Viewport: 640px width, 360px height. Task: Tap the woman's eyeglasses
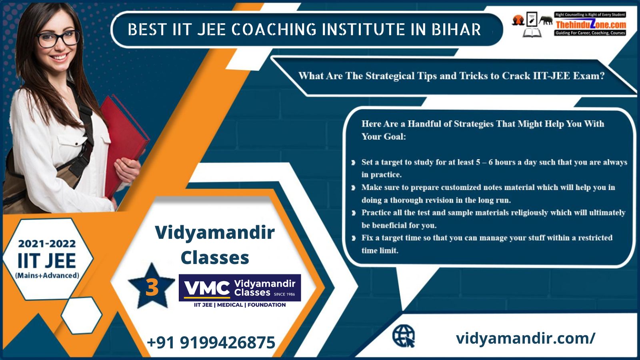click(x=58, y=39)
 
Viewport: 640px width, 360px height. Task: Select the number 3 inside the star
click(x=152, y=287)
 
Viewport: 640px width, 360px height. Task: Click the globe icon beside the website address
click(x=404, y=336)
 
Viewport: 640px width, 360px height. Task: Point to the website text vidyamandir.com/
click(x=526, y=338)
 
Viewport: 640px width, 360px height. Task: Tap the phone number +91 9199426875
click(x=211, y=342)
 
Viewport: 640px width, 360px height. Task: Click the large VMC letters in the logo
click(x=207, y=288)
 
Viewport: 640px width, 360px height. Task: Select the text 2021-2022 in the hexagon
click(x=47, y=244)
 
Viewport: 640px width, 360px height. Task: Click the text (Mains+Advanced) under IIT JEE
click(x=47, y=276)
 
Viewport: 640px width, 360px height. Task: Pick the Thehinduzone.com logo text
click(x=590, y=24)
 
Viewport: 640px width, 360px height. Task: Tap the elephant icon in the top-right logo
click(x=546, y=20)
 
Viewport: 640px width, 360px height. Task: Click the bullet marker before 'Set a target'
click(x=354, y=162)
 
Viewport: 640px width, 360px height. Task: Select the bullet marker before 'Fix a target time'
click(x=354, y=238)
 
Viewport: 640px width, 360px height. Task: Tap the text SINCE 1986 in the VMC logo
click(x=284, y=294)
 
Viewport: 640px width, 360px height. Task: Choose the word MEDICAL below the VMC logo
click(x=230, y=305)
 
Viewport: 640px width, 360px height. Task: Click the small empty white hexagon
click(x=82, y=315)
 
